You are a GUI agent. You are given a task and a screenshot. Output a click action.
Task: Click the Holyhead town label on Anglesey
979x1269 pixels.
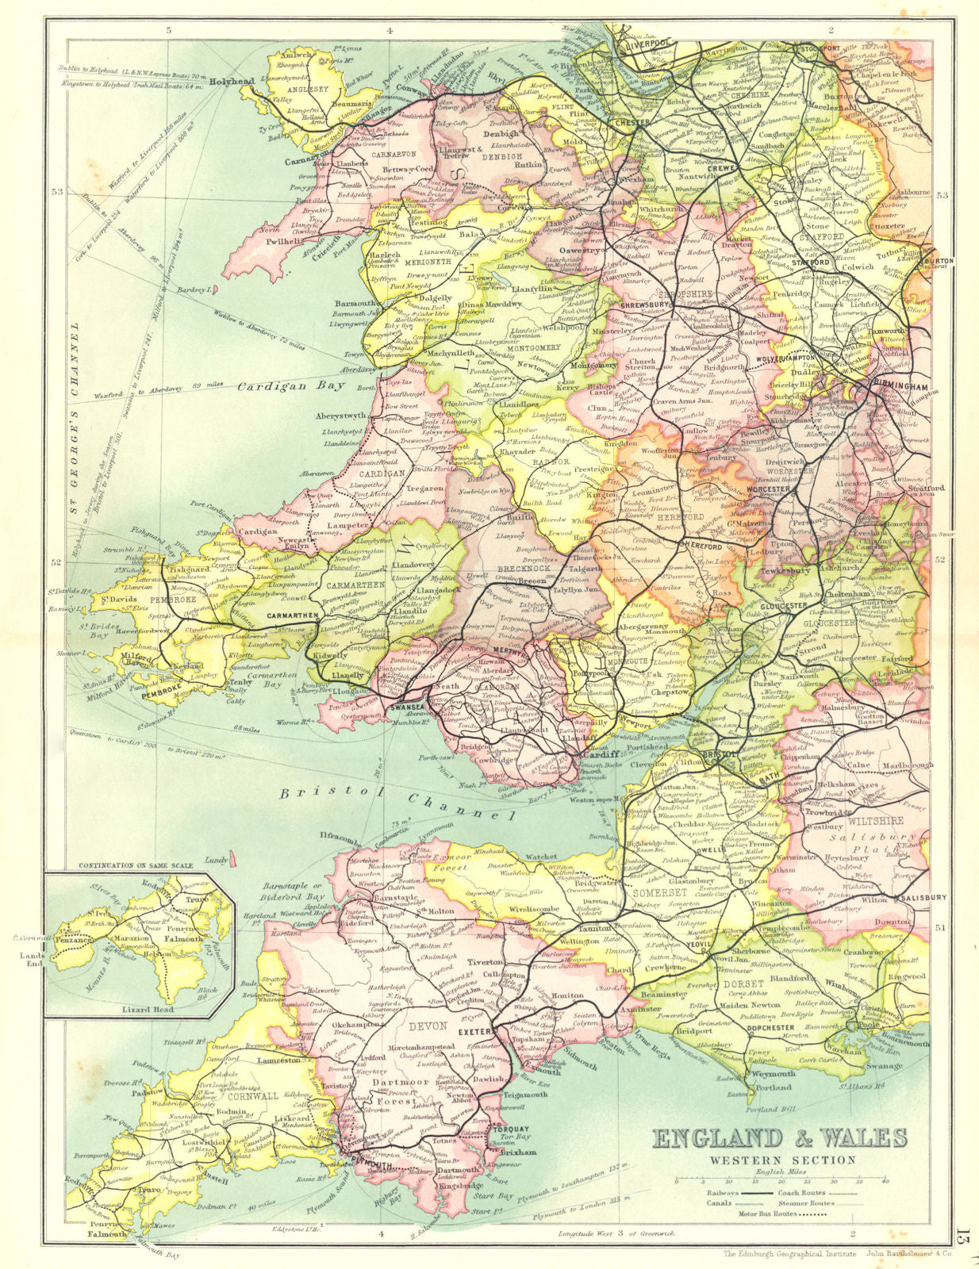(x=232, y=80)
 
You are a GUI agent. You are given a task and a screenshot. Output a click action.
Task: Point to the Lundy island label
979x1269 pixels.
(x=216, y=859)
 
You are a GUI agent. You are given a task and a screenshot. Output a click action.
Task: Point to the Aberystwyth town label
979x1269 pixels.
(x=342, y=416)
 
